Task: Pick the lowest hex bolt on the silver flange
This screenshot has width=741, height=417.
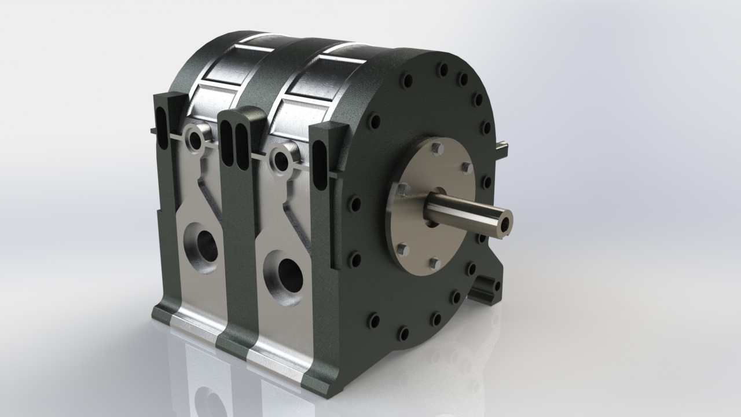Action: click(x=434, y=264)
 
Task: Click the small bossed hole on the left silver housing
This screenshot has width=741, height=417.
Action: click(x=195, y=140)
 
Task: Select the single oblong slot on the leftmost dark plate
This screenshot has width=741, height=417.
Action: click(x=163, y=128)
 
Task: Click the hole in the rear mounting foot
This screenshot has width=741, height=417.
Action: click(x=496, y=286)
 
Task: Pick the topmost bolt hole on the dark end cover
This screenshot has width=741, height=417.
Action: click(x=443, y=70)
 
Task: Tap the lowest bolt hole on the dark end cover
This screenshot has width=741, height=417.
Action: click(x=403, y=334)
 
